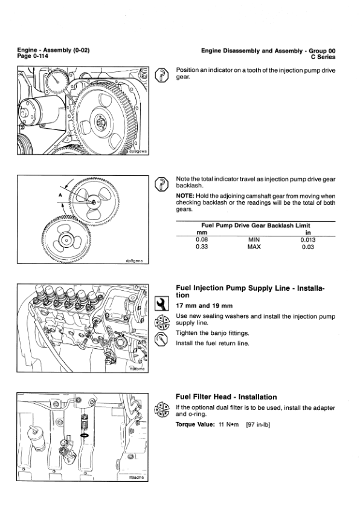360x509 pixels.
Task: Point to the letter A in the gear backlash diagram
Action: point(60,196)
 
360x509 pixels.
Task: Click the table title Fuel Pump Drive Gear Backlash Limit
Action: point(254,225)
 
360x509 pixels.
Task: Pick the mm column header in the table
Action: point(202,232)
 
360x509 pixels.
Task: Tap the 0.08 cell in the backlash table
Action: point(202,239)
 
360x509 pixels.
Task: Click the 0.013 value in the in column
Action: point(308,239)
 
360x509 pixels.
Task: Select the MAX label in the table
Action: point(254,247)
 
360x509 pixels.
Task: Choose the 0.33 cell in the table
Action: point(202,247)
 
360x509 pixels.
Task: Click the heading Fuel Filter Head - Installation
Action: point(226,397)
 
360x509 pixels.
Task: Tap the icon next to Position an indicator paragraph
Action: point(161,75)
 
